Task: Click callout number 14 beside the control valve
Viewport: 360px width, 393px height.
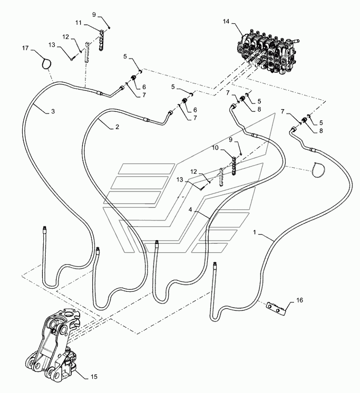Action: (226, 21)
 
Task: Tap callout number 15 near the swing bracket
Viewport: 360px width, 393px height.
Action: (94, 377)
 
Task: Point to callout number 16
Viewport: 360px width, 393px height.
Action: (299, 300)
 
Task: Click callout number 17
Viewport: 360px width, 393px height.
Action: (26, 48)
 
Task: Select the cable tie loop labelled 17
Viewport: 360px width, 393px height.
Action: (46, 63)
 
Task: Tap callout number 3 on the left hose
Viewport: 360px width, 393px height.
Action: (53, 111)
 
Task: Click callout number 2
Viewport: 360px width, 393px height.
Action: (117, 127)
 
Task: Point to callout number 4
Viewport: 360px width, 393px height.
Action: (190, 209)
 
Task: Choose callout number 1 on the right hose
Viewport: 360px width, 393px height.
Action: (255, 232)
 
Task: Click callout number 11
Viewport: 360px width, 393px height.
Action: (79, 23)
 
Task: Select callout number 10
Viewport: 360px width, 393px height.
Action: (215, 148)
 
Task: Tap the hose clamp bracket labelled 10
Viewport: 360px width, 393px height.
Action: (234, 166)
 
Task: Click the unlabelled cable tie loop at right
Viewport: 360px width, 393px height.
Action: (318, 170)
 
